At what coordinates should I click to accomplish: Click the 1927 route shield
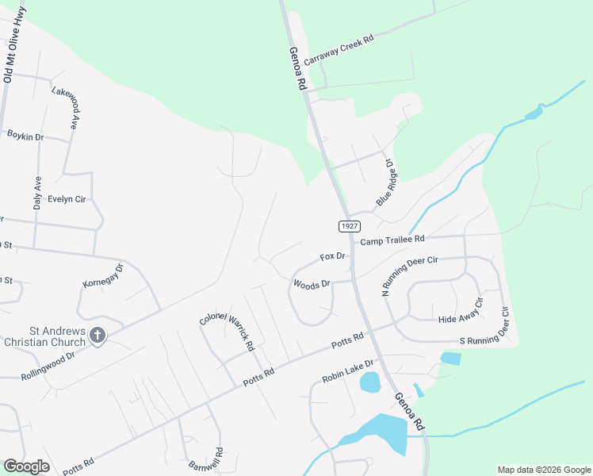coord(348,226)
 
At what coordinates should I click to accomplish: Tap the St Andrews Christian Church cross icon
coord(98,335)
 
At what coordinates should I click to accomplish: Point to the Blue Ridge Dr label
coord(385,182)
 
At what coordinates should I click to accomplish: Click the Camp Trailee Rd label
coord(392,239)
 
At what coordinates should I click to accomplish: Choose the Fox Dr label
coord(333,256)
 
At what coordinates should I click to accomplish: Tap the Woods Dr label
coord(312,283)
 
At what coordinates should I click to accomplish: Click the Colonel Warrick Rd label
coord(227,332)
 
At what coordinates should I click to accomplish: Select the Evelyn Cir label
coord(67,199)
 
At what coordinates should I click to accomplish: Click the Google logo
coord(26,466)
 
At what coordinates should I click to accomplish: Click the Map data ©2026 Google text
coord(543,470)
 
